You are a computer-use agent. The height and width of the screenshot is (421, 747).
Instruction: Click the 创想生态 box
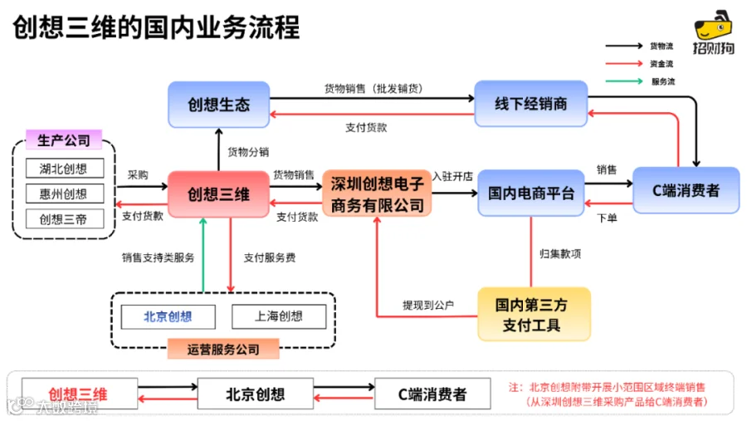tap(218, 105)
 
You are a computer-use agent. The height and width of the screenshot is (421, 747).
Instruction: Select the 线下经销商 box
tap(530, 104)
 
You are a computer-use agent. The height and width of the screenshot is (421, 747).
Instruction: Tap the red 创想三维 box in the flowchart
tap(218, 194)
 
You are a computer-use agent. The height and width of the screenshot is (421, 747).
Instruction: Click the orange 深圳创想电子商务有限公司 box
tap(377, 193)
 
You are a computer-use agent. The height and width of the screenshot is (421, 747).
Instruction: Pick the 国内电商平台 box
tap(530, 193)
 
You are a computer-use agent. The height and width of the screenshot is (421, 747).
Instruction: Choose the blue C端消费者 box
tap(686, 190)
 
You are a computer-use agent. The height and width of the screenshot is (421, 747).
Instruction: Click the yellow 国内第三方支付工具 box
tap(534, 314)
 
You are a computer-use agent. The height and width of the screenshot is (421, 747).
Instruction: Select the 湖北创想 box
tap(65, 169)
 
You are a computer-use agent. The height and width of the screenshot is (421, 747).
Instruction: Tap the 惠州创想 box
tap(65, 193)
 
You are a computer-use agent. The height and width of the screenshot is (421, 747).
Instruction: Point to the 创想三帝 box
tap(65, 219)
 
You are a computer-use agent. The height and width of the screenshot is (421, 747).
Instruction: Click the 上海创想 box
tap(279, 316)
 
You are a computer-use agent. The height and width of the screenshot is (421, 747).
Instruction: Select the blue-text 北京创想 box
tap(168, 316)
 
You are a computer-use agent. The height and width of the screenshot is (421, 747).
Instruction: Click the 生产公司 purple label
tap(64, 140)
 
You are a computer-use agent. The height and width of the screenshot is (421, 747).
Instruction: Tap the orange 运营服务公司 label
tap(223, 349)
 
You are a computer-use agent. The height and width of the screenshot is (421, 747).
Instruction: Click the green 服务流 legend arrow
tap(624, 81)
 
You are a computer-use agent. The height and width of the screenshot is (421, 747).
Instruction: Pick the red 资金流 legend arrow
tap(624, 63)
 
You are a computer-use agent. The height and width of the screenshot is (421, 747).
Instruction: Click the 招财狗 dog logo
tap(713, 32)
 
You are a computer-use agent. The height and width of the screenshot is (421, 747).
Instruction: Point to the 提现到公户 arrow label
tap(428, 305)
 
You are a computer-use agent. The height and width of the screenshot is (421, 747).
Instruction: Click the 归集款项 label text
tap(560, 253)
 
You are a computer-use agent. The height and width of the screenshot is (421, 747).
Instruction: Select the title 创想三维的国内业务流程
tap(156, 27)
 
